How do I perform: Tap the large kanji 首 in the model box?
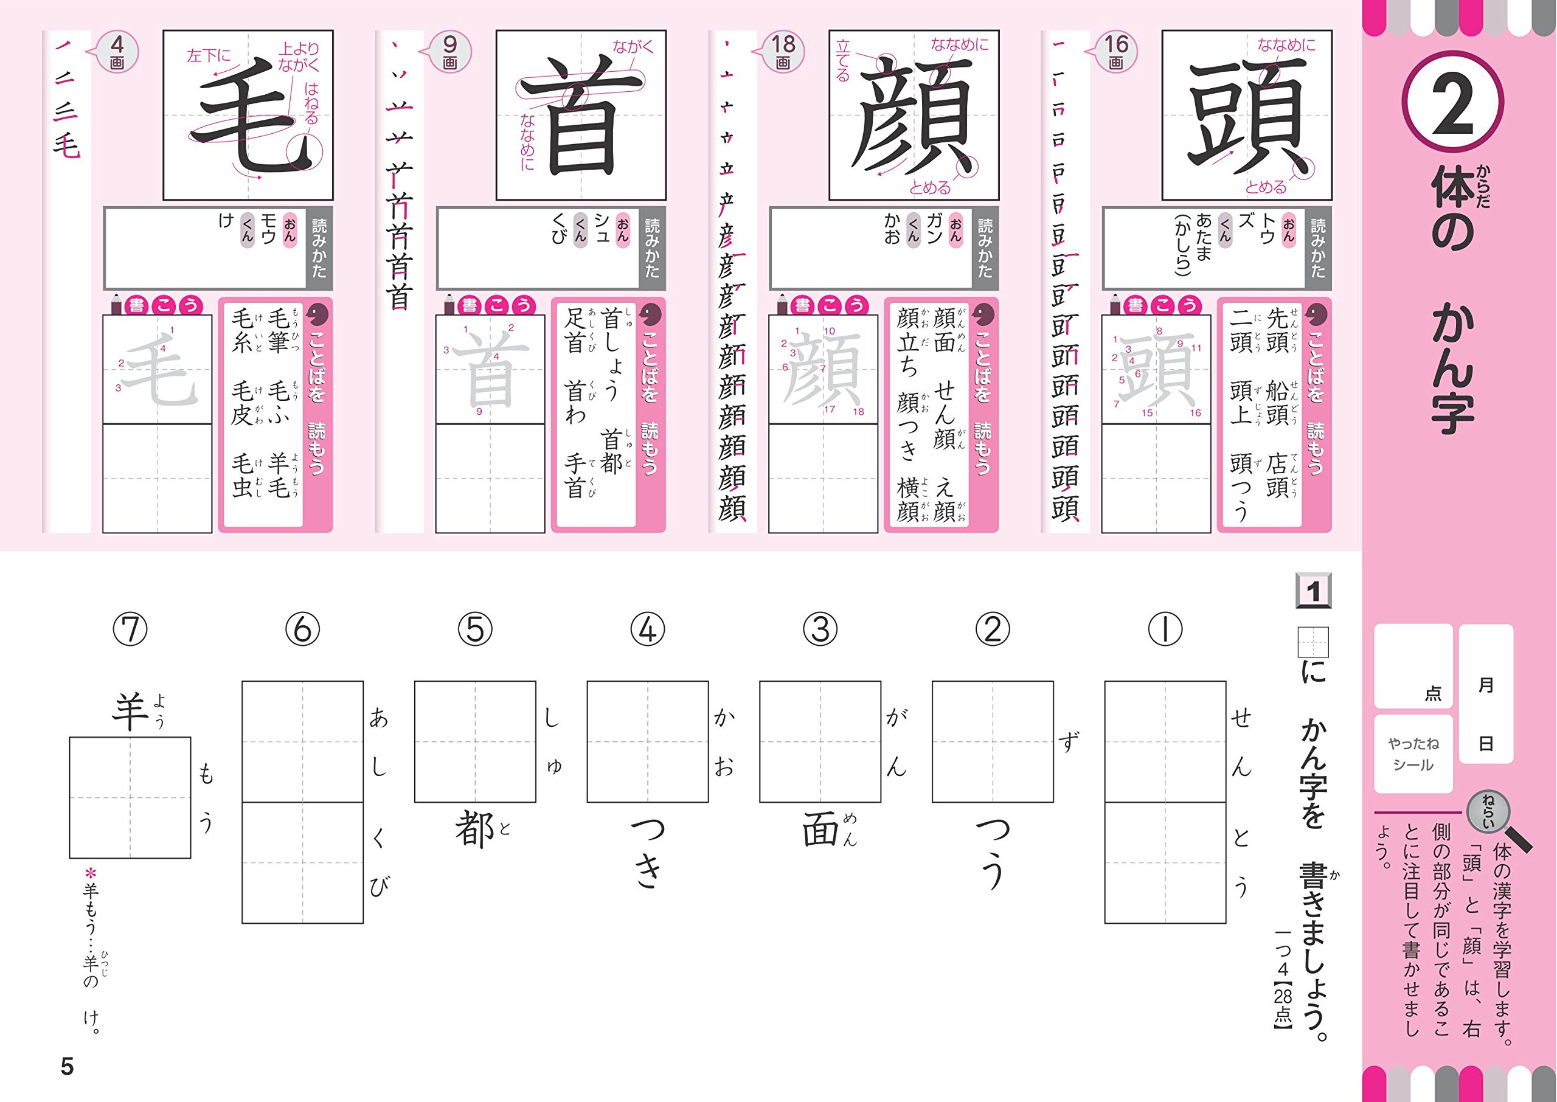(581, 116)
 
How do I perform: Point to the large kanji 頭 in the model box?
(1247, 116)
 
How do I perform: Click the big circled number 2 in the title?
(1452, 105)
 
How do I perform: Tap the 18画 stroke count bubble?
(783, 52)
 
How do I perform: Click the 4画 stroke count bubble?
(117, 52)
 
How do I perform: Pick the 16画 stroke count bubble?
(1115, 52)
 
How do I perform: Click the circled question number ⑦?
(130, 629)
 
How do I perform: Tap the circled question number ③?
(820, 629)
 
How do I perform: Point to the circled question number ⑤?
(475, 629)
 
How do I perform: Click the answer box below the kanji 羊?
(130, 797)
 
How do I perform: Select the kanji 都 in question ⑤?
(474, 830)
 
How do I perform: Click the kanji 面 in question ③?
(821, 830)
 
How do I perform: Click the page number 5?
(66, 1067)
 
